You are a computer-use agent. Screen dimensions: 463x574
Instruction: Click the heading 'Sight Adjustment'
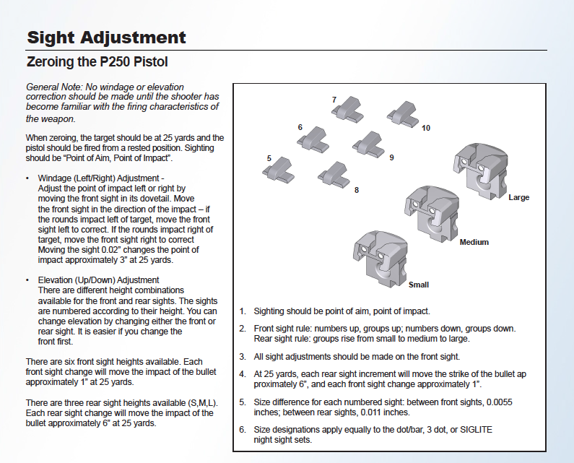[x=106, y=38]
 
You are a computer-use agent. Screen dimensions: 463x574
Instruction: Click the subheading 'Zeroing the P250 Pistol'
[x=97, y=62]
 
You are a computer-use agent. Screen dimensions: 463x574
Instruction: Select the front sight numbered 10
[x=402, y=112]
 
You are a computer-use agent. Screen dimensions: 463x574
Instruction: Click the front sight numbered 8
[x=333, y=173]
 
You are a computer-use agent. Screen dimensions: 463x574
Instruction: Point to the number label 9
[x=391, y=157]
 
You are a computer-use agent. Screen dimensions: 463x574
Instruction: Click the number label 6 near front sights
[x=300, y=127]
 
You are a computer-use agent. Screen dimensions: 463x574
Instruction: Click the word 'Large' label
[x=518, y=198]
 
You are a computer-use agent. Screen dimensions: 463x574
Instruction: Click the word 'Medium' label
[x=474, y=242]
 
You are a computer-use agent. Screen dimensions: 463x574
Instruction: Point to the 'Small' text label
[x=419, y=285]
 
